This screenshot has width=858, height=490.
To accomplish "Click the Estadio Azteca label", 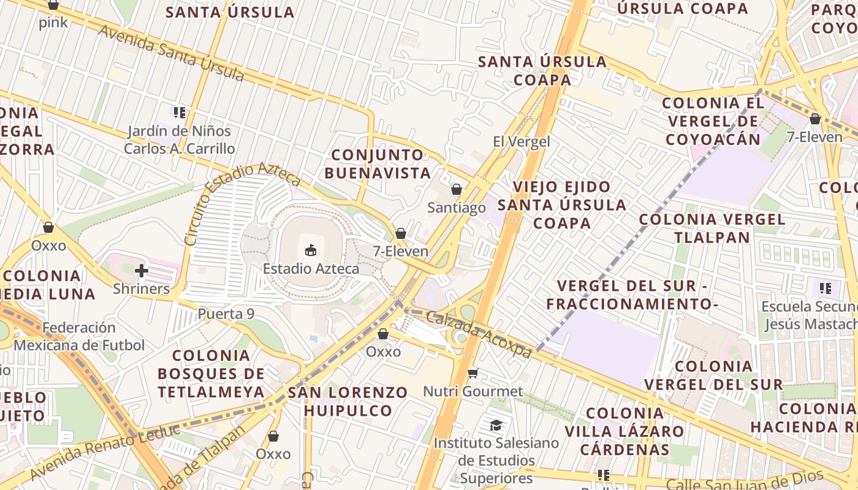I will click(311, 268).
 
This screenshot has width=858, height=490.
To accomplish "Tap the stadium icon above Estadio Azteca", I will click(311, 250).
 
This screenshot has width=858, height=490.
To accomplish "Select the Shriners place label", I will click(141, 288).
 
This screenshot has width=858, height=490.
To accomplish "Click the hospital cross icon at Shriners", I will click(142, 270).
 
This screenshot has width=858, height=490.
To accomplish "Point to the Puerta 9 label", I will click(226, 314).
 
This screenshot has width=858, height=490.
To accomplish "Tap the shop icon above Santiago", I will click(456, 189).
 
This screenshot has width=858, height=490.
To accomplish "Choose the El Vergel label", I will click(521, 141).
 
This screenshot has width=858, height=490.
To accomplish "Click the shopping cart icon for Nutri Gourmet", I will click(473, 373).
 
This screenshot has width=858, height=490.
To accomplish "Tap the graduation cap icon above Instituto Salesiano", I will click(496, 425).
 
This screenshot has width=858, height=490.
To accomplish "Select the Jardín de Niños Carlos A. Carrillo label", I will click(179, 140).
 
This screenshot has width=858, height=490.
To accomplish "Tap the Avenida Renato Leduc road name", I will click(104, 451).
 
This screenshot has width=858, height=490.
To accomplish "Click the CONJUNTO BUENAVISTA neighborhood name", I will click(378, 164).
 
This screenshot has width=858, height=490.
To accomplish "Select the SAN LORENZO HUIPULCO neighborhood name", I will click(348, 401).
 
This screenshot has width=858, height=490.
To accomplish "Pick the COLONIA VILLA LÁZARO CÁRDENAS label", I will click(624, 431).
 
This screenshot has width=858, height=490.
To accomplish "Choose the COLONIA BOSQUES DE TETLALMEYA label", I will click(211, 374).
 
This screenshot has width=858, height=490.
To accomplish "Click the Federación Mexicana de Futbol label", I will click(79, 336).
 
